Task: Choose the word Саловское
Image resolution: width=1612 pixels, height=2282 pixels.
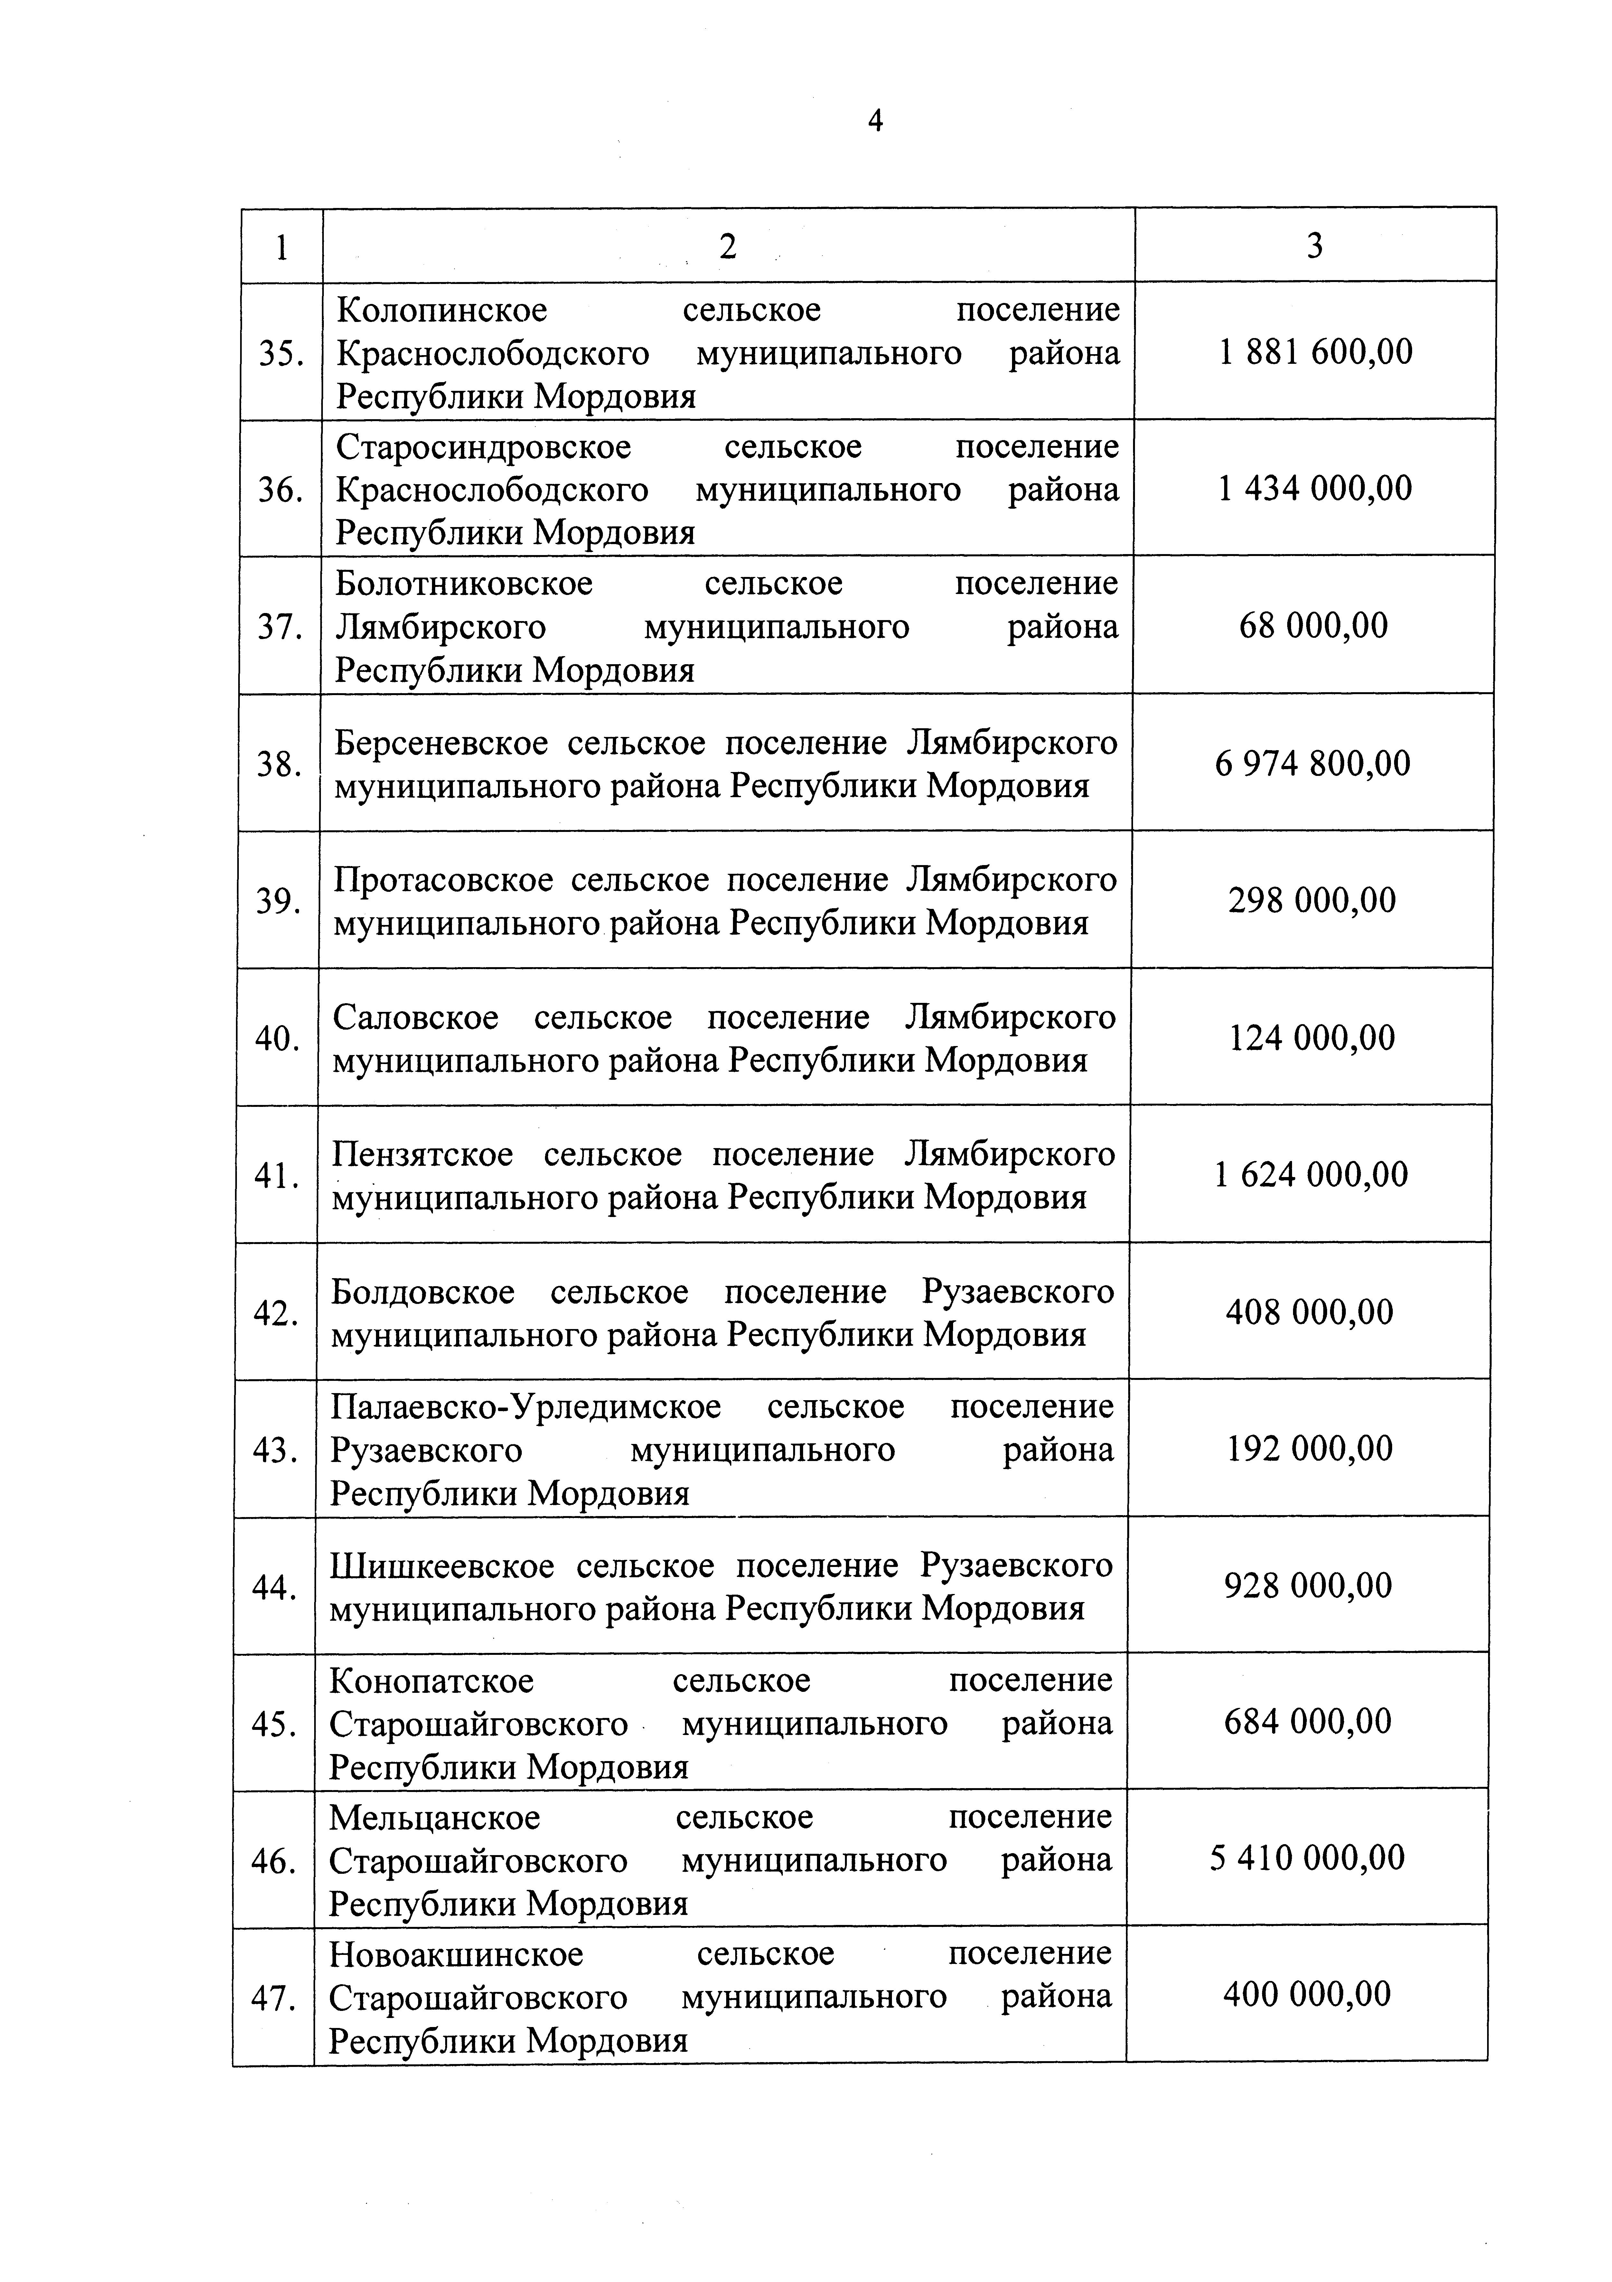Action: click(x=416, y=1018)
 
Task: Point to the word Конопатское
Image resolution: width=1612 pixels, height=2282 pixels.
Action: click(x=431, y=1681)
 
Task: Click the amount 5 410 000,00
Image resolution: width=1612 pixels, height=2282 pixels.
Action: click(x=1307, y=1858)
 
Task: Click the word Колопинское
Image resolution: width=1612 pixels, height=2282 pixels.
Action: click(x=442, y=310)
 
